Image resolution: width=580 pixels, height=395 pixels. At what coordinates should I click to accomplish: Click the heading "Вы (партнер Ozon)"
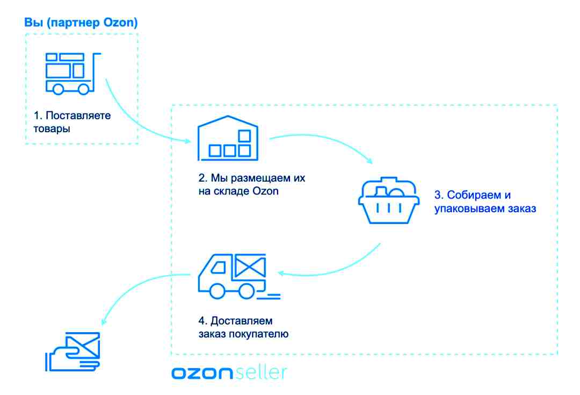[x=81, y=23]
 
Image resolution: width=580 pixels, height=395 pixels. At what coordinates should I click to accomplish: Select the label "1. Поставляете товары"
[x=72, y=122]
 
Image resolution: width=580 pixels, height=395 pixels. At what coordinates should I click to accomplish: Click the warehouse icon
[x=228, y=138]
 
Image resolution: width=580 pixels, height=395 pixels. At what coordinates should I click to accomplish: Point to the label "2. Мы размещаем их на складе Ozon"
[x=251, y=184]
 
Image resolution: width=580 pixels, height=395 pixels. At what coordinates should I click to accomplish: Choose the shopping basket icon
[x=389, y=200]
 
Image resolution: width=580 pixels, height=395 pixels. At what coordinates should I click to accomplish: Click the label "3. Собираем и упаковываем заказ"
[x=485, y=202]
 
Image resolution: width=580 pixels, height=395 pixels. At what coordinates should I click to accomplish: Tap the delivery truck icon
[x=239, y=276]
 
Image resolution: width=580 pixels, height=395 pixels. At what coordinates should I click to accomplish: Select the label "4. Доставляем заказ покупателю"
[x=243, y=327]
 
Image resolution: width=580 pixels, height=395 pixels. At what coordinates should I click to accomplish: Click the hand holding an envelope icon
[x=73, y=351]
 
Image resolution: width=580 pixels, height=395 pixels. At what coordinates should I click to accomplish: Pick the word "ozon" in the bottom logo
[x=202, y=373]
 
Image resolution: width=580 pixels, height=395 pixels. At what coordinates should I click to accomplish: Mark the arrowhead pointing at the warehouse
[x=187, y=141]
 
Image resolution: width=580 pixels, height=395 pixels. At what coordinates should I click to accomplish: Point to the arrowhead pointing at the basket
[x=369, y=161]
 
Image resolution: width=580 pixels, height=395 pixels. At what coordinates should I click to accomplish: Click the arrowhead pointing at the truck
[x=281, y=274]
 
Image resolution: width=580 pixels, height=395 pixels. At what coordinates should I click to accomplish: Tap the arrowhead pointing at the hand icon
[x=104, y=322]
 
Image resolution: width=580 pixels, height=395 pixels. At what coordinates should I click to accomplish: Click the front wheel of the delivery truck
[x=217, y=291]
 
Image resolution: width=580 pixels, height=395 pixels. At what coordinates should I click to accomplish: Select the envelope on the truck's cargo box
[x=250, y=265]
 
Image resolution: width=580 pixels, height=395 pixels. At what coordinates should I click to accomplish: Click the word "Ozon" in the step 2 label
[x=265, y=191]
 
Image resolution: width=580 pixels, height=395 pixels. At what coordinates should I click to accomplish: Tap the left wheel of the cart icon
[x=58, y=89]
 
